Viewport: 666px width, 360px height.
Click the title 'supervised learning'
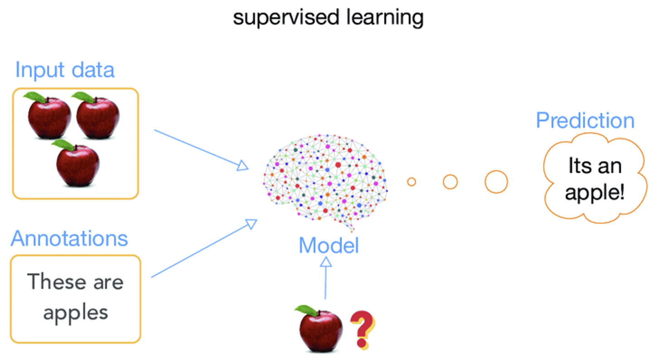(x=328, y=18)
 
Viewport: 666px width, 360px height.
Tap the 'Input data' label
(x=64, y=70)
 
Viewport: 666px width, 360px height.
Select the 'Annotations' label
(x=69, y=238)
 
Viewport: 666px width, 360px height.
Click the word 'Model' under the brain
(x=328, y=246)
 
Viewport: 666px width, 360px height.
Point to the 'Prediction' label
(x=585, y=121)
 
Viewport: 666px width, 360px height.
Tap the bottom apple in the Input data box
(x=77, y=164)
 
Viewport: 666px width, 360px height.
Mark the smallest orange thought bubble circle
(x=411, y=182)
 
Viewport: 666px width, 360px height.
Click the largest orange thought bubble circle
(x=496, y=182)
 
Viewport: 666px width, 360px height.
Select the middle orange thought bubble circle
(x=450, y=182)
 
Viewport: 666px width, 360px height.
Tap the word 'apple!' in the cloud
(x=594, y=193)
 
